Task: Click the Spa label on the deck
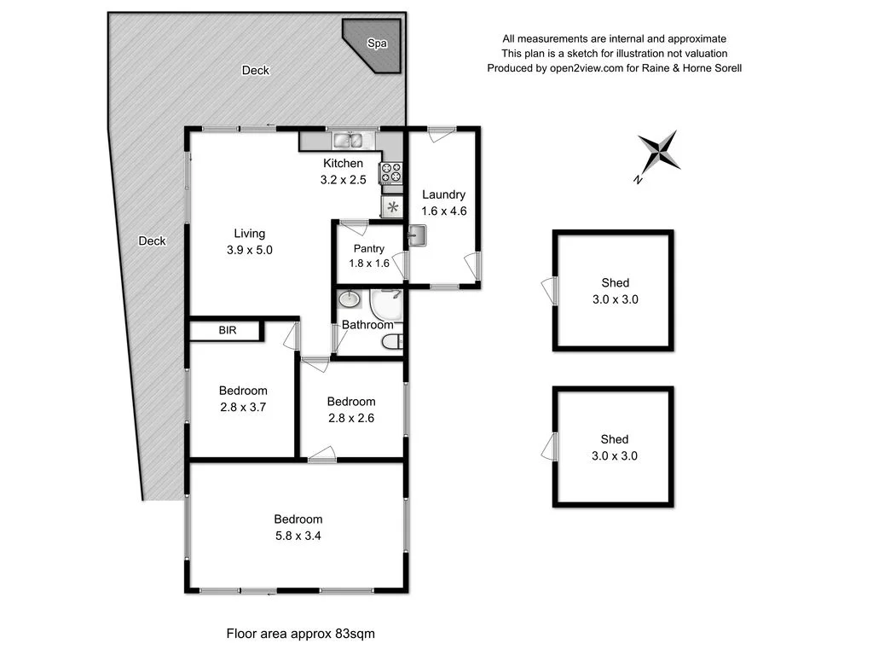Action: [374, 43]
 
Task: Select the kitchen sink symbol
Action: [348, 141]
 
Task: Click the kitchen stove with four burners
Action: [392, 172]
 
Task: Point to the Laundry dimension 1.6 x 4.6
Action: [443, 211]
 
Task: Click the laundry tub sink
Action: [417, 235]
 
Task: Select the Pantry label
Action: [368, 249]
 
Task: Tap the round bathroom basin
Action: [350, 300]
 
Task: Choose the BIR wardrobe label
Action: [227, 330]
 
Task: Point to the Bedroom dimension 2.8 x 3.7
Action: [243, 407]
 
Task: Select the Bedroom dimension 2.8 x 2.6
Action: [350, 418]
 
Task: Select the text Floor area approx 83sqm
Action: [300, 634]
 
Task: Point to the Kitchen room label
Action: [343, 164]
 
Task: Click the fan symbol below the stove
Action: [392, 207]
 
